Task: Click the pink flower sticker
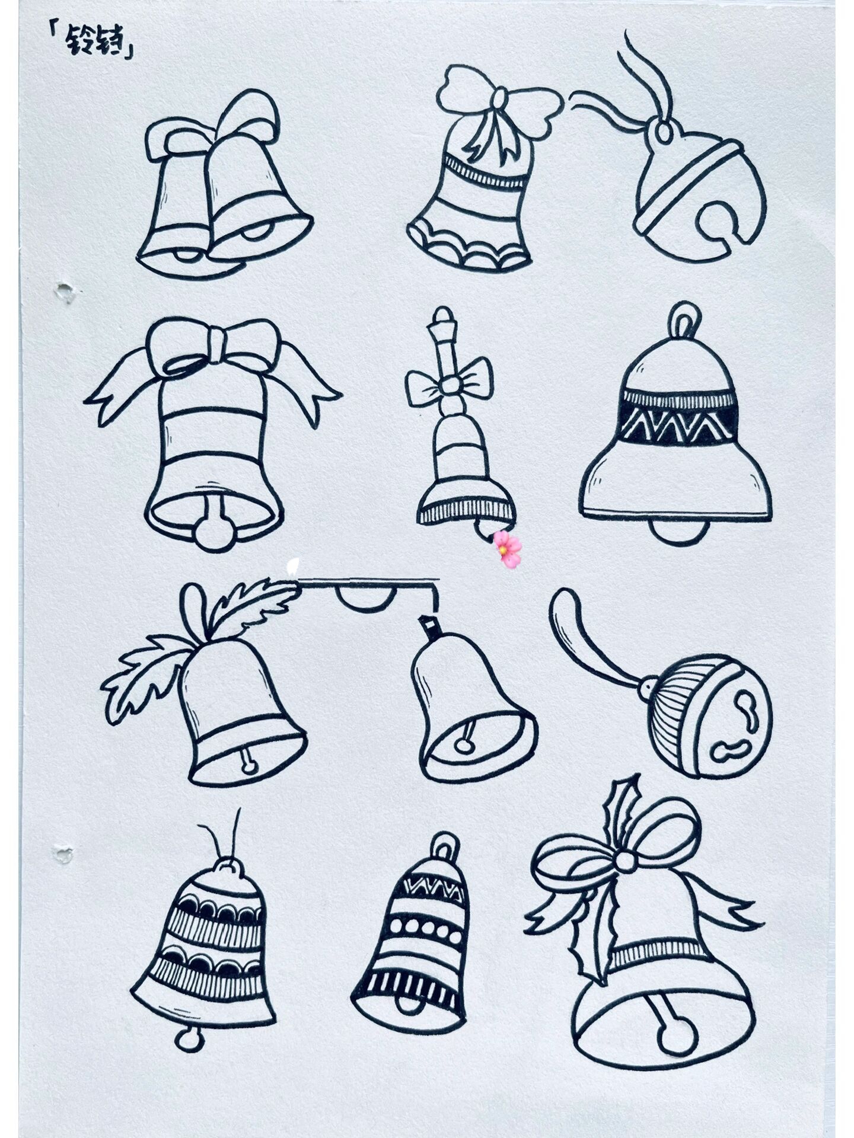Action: coord(508,548)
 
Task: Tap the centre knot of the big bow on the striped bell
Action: coord(216,346)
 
